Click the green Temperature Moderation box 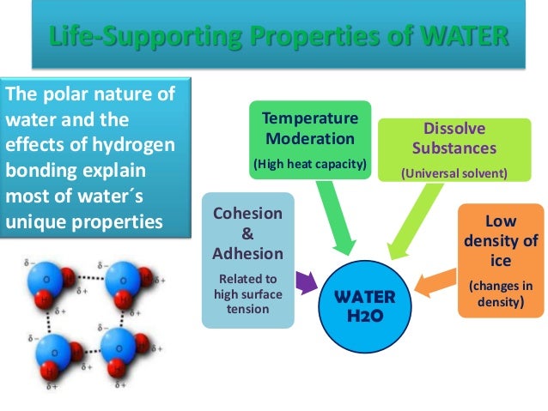tap(310, 139)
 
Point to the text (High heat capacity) tap(310, 162)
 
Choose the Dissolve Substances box tap(454, 148)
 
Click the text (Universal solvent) tap(454, 172)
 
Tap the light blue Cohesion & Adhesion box tap(248, 260)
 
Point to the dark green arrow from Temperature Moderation tap(335, 218)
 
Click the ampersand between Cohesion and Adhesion tap(248, 234)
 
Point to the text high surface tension tap(248, 293)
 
